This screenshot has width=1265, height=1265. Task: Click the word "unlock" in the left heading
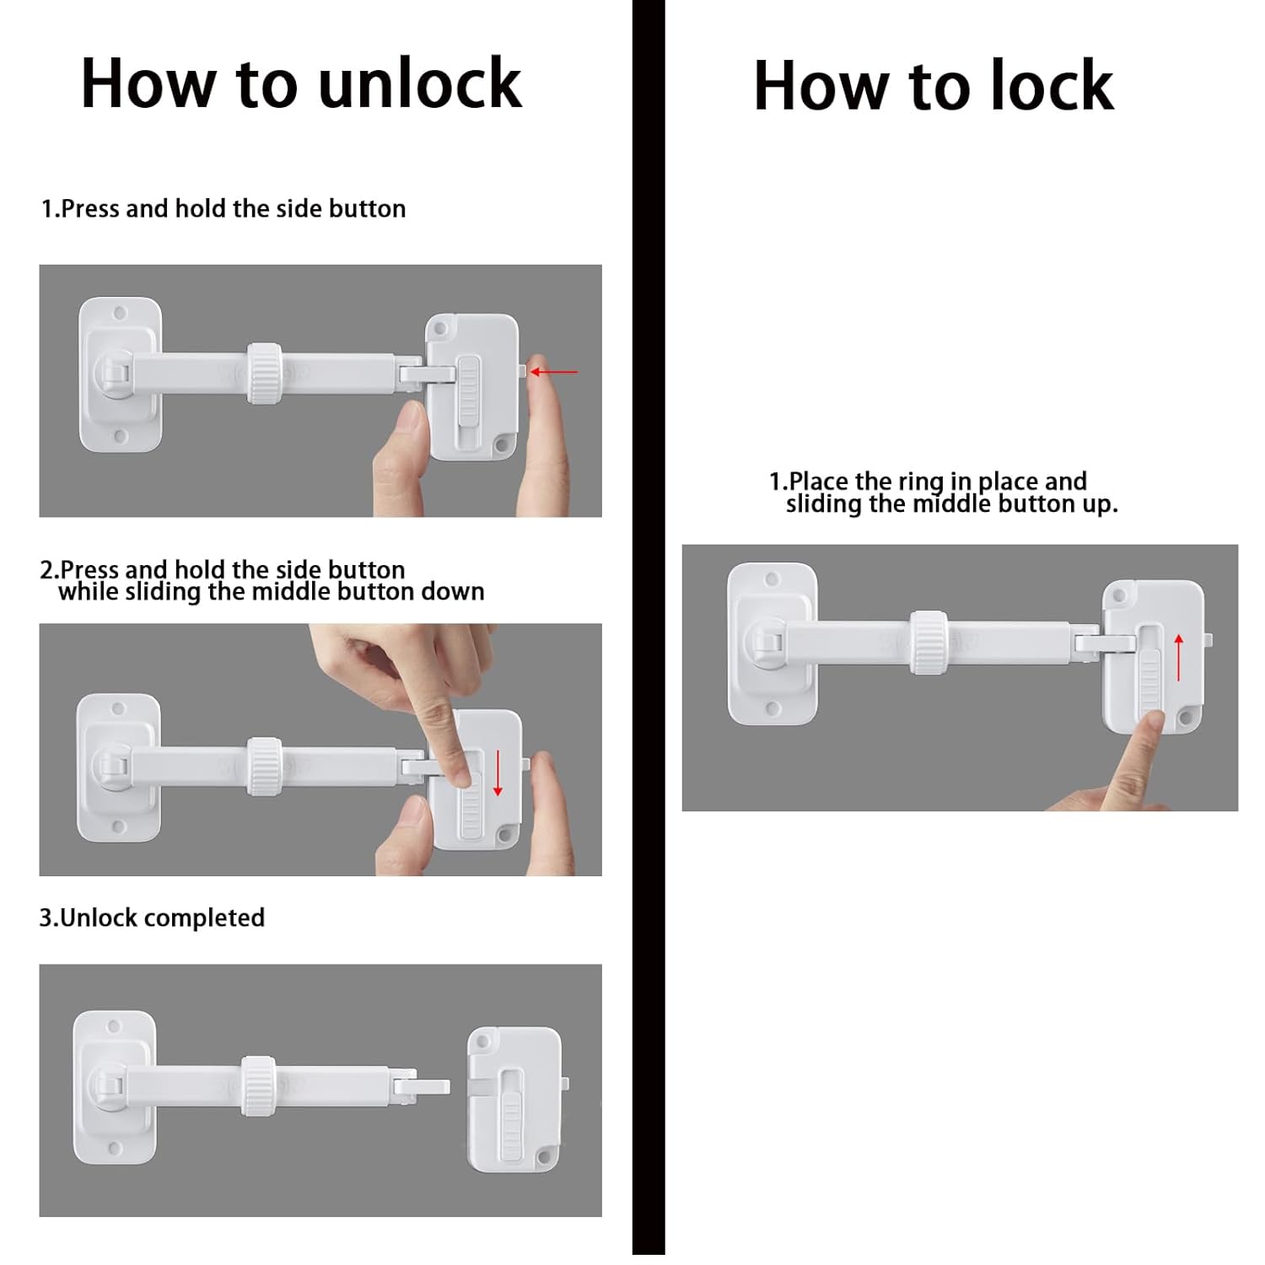[420, 83]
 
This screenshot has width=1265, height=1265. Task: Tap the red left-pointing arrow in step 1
[554, 371]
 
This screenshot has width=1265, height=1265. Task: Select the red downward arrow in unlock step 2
[498, 772]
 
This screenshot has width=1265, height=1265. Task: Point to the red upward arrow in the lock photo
[1178, 657]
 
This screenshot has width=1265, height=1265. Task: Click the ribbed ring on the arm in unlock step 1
[264, 373]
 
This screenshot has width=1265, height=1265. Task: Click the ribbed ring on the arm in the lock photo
[927, 642]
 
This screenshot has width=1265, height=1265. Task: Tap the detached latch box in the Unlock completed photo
[514, 1098]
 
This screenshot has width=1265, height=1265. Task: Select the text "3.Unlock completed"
[152, 918]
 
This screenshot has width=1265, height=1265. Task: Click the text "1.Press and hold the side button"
[223, 208]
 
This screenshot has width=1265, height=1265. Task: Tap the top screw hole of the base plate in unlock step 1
[120, 313]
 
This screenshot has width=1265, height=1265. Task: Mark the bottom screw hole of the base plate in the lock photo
[772, 708]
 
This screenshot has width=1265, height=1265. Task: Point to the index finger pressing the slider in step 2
[439, 742]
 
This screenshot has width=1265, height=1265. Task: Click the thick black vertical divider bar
[648, 632]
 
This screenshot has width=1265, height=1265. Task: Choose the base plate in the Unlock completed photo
[116, 1088]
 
